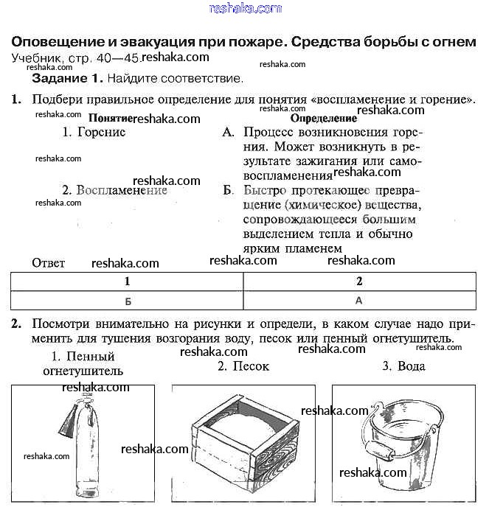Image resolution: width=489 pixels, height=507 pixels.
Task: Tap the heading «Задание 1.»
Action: point(68,77)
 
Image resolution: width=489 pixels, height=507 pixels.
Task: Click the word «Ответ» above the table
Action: point(49,263)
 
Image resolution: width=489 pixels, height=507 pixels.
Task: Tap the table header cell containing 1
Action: point(127,282)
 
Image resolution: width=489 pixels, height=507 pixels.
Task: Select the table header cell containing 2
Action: point(359,282)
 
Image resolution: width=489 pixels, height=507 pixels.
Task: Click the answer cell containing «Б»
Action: point(128,301)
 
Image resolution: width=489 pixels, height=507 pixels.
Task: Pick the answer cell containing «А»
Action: point(359,301)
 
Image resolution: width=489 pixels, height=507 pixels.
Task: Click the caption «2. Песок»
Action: point(243,366)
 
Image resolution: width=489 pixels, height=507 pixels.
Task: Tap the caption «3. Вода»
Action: point(403,366)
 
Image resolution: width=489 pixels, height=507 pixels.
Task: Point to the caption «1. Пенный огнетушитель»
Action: point(83,364)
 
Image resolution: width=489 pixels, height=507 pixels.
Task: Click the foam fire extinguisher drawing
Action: point(83,446)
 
